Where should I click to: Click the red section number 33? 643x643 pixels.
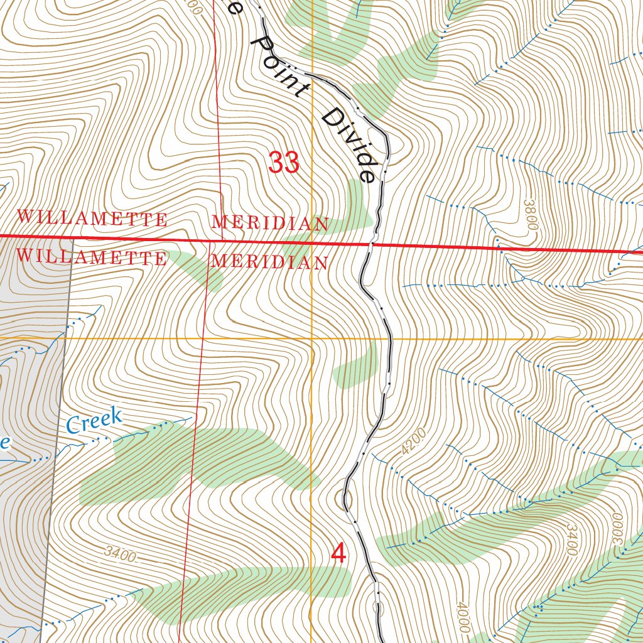pos(284,163)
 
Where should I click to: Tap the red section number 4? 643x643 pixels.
pos(339,554)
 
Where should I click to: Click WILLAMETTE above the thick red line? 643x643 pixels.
pos(92,219)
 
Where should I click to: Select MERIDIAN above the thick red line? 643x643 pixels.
pos(270,223)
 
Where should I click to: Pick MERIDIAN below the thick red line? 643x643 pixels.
pos(270,262)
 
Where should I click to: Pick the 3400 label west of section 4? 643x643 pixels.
pos(121,554)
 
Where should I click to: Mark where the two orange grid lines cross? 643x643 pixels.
pos(312,338)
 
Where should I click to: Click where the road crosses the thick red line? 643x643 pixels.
pos(372,244)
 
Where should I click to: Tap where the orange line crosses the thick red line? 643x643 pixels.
pos(312,242)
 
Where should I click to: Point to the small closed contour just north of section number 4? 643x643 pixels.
pos(343,500)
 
